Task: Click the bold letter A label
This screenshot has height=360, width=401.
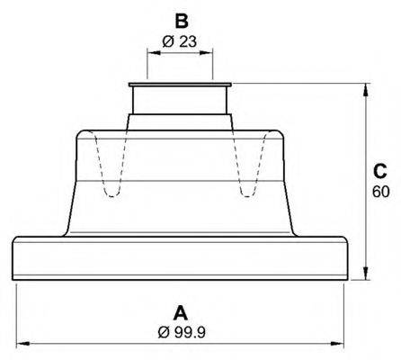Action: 179,313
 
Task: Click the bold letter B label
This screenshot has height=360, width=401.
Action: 181,20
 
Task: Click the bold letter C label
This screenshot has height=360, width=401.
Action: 379,171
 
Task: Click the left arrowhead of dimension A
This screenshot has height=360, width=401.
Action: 22,343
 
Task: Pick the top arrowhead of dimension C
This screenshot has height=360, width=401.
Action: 365,90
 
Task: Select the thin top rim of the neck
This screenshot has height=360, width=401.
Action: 180,86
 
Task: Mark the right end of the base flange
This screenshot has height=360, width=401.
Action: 347,259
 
